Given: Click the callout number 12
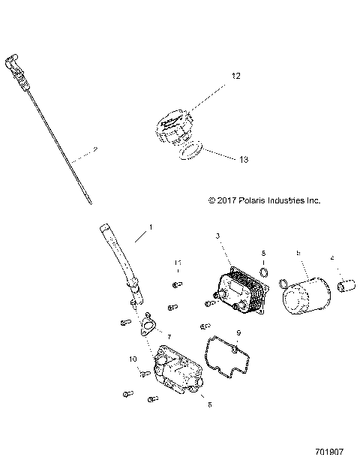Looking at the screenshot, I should (235, 77).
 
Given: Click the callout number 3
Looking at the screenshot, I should (217, 236).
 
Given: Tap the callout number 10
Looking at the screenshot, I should (132, 359).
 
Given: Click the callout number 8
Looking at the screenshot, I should (209, 404).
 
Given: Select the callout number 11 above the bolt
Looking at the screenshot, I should (178, 263).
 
